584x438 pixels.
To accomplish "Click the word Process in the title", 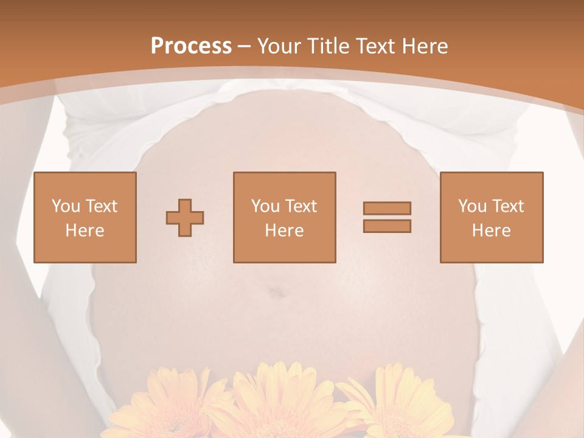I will click(x=191, y=46).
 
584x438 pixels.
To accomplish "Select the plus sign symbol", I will click(x=185, y=218).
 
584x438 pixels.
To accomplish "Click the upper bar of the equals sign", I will click(x=387, y=208).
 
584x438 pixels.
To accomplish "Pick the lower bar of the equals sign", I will click(x=387, y=226).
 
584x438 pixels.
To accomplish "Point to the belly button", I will click(x=277, y=293).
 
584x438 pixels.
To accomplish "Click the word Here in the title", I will click(x=425, y=46).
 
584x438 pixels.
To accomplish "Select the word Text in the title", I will click(x=376, y=46).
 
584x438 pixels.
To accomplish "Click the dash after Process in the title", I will click(x=245, y=46).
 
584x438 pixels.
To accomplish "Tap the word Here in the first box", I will click(x=85, y=231).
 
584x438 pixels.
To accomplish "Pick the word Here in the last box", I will click(x=492, y=231).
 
